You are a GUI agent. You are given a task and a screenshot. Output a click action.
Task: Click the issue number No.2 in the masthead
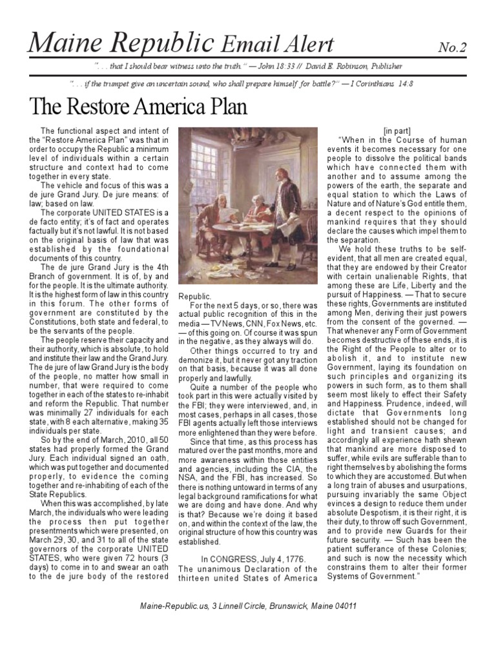tap(452, 47)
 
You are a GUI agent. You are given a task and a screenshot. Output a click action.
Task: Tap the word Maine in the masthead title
tap(63, 43)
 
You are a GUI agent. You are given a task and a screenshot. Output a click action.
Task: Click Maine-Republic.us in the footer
tap(170, 606)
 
